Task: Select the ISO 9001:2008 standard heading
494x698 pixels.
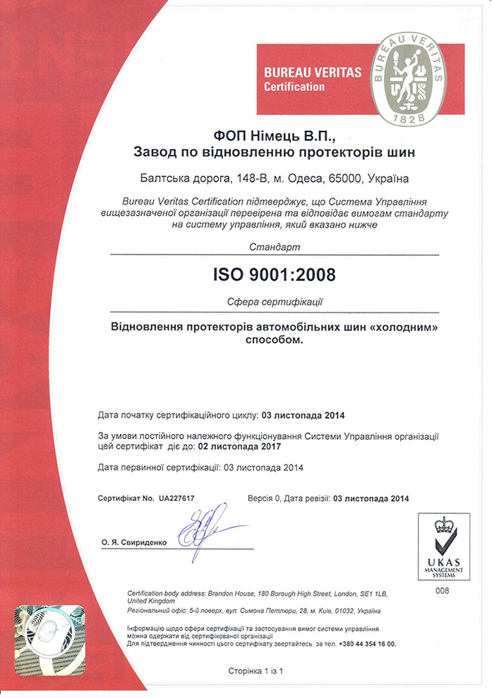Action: coord(275,273)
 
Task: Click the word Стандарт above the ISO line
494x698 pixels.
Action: coord(275,248)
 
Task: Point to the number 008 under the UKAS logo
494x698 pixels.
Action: coord(442,590)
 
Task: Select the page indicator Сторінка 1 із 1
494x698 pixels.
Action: coord(255,670)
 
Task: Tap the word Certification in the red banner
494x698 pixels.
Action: coord(294,87)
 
